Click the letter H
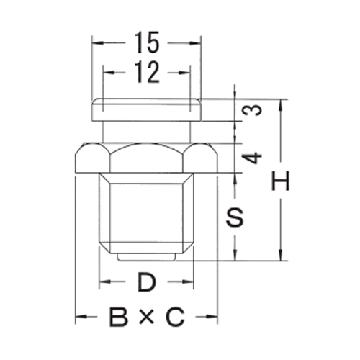click(281, 181)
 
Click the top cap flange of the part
click(146, 110)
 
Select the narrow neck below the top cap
click(146, 132)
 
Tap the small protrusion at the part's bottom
click(147, 255)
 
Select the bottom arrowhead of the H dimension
click(281, 255)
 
